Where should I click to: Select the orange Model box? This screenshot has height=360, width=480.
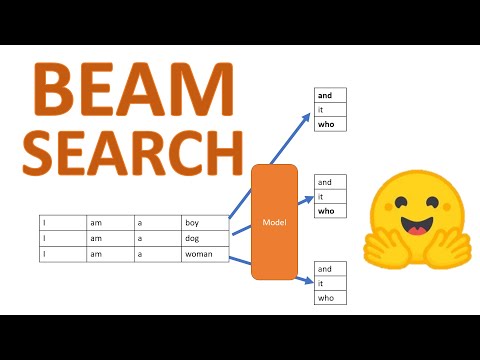[x=274, y=221]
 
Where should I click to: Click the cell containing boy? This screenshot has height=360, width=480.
[x=205, y=223]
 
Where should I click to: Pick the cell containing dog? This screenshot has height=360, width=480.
[x=205, y=239]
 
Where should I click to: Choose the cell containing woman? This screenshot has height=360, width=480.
[x=205, y=254]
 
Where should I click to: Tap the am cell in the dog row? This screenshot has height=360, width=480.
[x=112, y=239]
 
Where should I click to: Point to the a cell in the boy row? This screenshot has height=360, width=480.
[x=158, y=223]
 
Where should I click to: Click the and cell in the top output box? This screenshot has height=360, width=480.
[x=331, y=96]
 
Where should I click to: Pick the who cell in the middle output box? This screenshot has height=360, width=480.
[x=331, y=211]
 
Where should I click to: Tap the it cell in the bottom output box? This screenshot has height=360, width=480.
[x=331, y=283]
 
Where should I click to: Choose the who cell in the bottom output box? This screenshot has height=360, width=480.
[x=331, y=297]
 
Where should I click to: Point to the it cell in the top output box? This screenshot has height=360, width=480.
[x=331, y=110]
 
